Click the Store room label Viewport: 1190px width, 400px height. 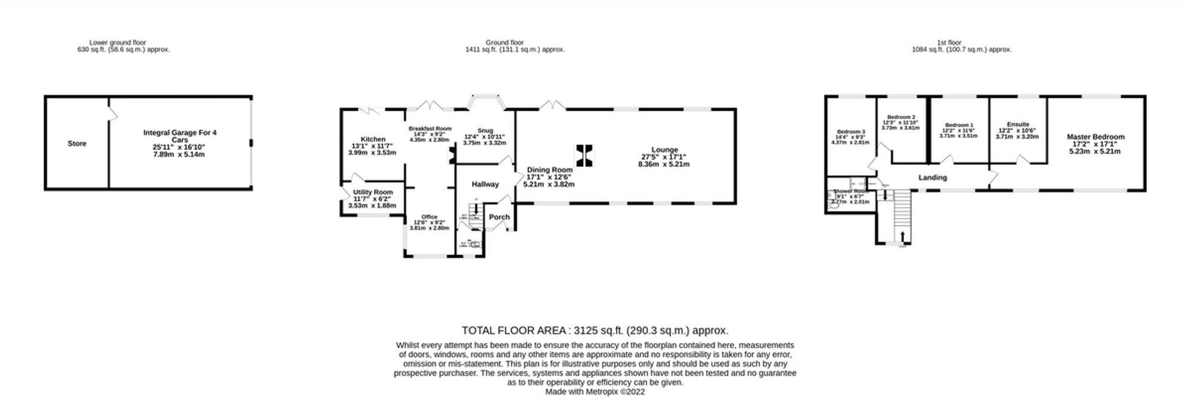[77, 143]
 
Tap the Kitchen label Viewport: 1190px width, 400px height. [373, 139]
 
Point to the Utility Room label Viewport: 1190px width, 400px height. [373, 192]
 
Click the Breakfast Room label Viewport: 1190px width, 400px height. [430, 129]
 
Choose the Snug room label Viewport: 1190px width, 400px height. [485, 131]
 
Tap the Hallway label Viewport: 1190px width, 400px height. [485, 185]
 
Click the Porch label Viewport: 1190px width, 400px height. [499, 217]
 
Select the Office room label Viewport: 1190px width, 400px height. [429, 217]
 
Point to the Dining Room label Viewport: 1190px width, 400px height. [549, 170]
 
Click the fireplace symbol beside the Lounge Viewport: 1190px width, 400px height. [584, 155]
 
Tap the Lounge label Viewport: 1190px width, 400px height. [664, 150]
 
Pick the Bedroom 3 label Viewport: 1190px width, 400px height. [850, 132]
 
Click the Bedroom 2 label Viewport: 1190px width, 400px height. [901, 117]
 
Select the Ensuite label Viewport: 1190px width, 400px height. [1018, 124]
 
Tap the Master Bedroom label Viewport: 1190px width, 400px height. [1095, 137]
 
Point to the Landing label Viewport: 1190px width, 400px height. [932, 177]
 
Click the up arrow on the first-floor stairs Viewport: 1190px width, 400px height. [903, 236]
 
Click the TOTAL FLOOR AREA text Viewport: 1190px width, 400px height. [595, 330]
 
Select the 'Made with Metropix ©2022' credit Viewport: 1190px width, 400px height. [595, 392]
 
